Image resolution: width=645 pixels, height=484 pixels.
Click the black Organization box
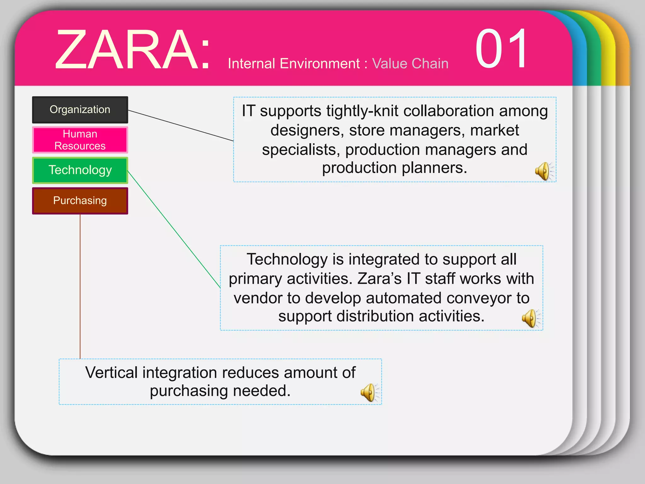pos(80,110)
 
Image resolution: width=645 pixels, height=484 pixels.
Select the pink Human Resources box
pos(80,140)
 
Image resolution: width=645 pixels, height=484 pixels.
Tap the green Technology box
pos(80,170)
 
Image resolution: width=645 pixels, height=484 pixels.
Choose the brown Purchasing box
pos(80,201)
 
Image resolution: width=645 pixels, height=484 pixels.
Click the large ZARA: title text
pos(132,50)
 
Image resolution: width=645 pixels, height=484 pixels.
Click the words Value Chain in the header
pos(410,64)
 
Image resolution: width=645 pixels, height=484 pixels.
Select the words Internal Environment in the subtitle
pos(294,64)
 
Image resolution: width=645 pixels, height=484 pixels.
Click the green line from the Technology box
pos(174,229)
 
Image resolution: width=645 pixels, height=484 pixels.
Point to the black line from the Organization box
pos(181,125)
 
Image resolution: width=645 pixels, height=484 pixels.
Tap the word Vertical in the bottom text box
pos(111,373)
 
